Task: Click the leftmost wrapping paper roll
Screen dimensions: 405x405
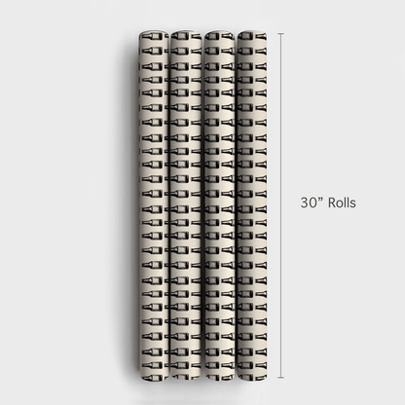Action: [154, 205]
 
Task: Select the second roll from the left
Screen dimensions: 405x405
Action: [186, 205]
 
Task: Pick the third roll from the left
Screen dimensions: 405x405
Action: [220, 205]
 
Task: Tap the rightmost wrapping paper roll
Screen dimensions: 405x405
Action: [252, 205]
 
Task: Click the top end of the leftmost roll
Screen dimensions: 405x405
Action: [154, 32]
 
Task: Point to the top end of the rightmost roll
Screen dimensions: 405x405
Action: [252, 32]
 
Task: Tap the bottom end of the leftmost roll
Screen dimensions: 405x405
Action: [154, 380]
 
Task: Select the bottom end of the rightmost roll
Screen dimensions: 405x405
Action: [252, 380]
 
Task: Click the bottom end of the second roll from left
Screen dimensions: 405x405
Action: [186, 380]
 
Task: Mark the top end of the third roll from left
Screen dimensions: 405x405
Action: [220, 32]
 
